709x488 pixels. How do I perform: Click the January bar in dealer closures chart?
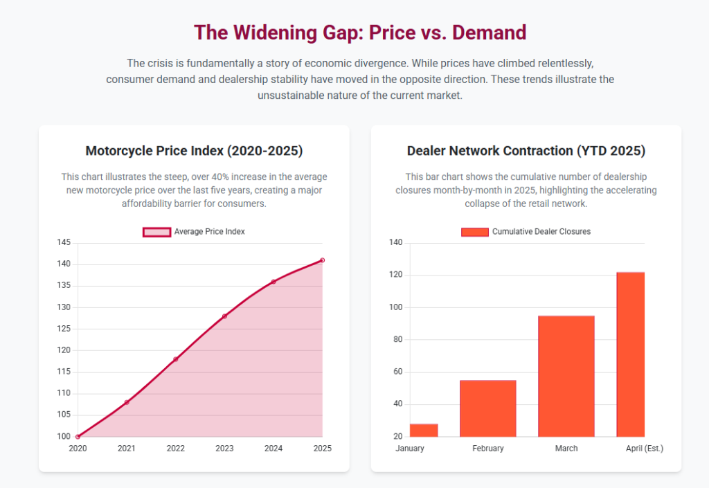(424, 430)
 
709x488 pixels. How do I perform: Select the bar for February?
(488, 408)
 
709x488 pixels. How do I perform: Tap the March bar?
(566, 376)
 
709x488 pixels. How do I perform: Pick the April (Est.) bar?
(631, 354)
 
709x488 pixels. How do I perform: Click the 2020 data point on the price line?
(78, 437)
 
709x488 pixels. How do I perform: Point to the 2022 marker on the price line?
(176, 359)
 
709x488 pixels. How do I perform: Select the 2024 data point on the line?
(273, 282)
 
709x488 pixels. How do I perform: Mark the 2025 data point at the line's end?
(323, 260)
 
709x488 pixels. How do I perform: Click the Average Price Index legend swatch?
(156, 232)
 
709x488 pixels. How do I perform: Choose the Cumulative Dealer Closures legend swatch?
(474, 232)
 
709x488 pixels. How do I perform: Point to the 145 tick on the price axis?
(64, 243)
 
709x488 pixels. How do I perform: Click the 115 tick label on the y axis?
(64, 372)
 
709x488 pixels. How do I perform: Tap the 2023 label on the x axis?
(224, 449)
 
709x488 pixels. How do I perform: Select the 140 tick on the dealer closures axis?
(396, 243)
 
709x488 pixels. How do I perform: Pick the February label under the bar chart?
(488, 449)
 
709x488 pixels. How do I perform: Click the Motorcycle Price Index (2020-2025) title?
(194, 151)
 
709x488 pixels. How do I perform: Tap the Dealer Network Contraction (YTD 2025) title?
(526, 151)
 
